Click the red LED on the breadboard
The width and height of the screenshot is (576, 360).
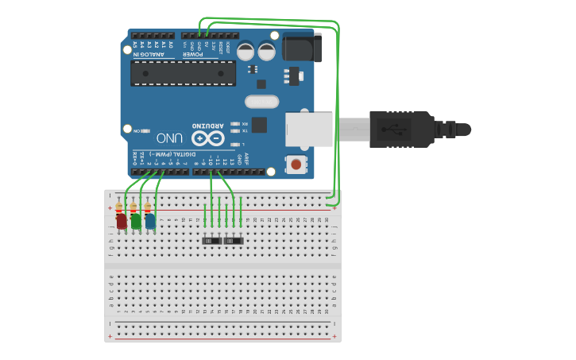coord(121,221)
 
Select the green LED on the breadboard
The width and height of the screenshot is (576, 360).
coord(136,221)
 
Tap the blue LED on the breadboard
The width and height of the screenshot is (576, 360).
coord(150,221)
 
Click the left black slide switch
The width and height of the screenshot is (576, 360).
coord(211,239)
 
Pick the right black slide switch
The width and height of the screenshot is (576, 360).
coord(233,239)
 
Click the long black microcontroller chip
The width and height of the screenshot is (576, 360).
coord(183,73)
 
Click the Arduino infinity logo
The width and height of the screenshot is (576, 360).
coord(207,137)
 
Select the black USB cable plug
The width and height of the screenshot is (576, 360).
coord(401,129)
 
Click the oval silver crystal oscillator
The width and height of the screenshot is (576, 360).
coord(261,101)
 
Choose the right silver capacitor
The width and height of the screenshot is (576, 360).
coord(266,51)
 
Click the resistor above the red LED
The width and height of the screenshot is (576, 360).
coord(119,207)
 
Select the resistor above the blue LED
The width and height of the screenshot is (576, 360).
coord(148,207)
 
